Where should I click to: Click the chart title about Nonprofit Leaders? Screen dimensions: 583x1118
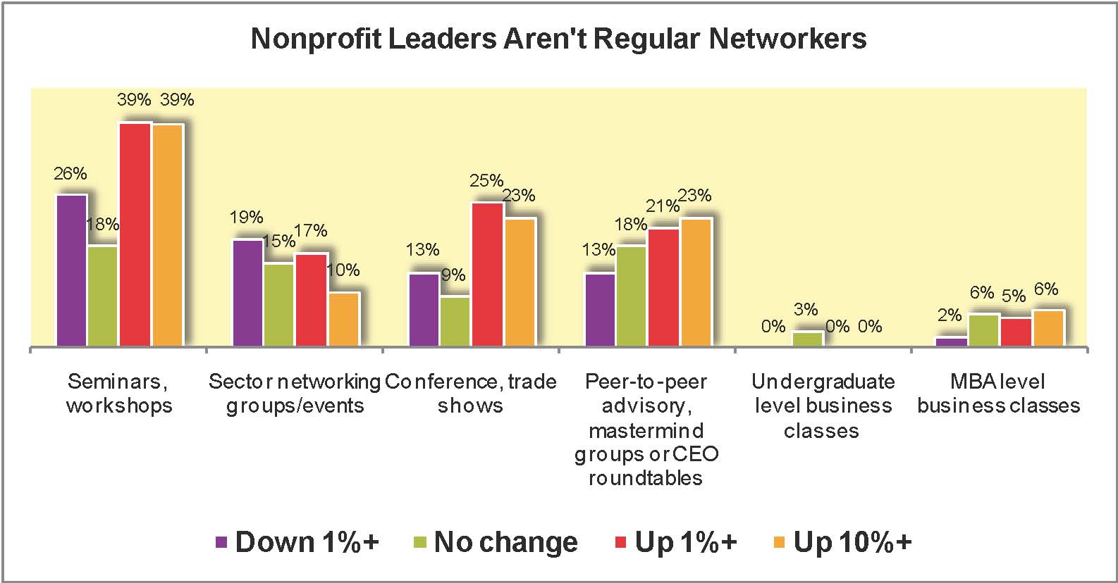pyautogui.click(x=558, y=39)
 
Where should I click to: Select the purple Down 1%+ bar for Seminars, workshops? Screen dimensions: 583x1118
pyautogui.click(x=71, y=270)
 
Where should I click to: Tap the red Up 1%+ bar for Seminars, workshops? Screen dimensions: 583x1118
pyautogui.click(x=135, y=234)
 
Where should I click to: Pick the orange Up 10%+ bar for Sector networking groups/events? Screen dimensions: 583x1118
pyautogui.click(x=343, y=319)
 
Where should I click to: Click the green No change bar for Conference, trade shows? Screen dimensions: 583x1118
pyautogui.click(x=455, y=321)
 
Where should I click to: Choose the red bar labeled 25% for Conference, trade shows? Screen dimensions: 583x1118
pyautogui.click(x=487, y=274)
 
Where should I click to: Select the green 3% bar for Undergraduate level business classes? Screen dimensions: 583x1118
pyautogui.click(x=807, y=339)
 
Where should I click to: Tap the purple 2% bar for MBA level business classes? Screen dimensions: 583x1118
pyautogui.click(x=951, y=341)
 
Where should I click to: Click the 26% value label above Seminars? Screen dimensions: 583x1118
pyautogui.click(x=70, y=173)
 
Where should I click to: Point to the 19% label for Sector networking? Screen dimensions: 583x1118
pyautogui.click(x=246, y=218)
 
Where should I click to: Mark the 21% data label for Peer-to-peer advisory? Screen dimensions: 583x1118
pyautogui.click(x=663, y=206)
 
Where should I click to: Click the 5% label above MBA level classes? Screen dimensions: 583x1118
pyautogui.click(x=1014, y=296)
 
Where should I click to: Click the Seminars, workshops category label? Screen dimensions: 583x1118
pyautogui.click(x=118, y=394)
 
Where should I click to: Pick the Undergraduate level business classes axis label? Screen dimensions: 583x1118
pyautogui.click(x=823, y=406)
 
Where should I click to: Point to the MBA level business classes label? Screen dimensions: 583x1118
pyautogui.click(x=999, y=394)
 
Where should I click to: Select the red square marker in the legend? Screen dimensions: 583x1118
pyautogui.click(x=621, y=543)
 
